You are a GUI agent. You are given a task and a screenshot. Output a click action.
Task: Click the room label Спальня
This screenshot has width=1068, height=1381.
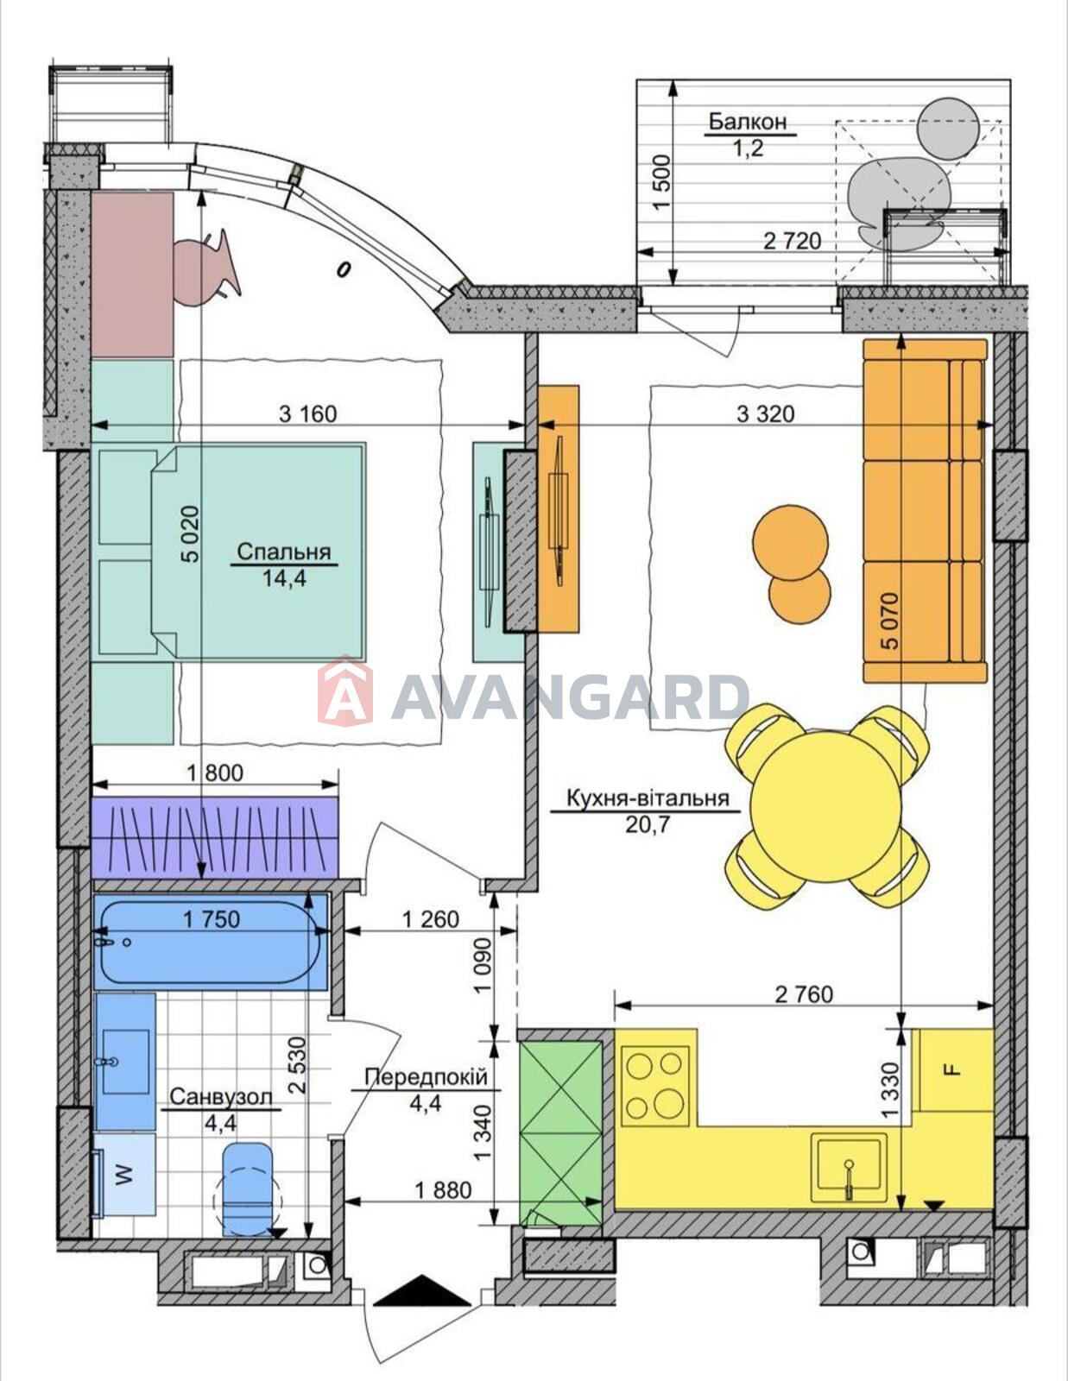pos(284,552)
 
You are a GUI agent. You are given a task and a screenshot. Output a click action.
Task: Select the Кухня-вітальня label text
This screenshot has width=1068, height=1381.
pos(648,798)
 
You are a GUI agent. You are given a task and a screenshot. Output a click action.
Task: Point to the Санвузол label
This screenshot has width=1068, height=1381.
pos(220,1097)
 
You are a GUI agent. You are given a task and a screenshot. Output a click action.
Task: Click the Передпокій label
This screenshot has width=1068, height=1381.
pos(426,1076)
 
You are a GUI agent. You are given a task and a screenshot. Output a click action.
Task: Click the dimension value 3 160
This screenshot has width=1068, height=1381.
pos(307,413)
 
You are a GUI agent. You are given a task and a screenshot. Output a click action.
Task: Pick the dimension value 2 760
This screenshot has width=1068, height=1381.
pos(804,994)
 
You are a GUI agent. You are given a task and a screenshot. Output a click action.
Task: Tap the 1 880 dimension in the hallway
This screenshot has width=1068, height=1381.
pos(443,1190)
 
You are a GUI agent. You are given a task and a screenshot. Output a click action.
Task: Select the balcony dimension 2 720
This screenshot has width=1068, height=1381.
pos(792,241)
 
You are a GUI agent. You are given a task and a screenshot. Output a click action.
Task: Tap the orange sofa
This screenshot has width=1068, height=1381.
pos(925,510)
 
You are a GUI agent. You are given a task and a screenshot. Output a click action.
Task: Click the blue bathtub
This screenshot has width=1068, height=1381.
pos(211,943)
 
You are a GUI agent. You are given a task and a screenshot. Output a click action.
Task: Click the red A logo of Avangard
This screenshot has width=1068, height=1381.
pos(344,690)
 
